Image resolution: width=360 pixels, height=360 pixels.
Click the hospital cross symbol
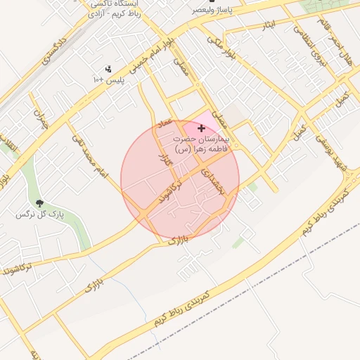202,128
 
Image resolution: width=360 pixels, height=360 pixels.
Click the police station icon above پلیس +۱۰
108,70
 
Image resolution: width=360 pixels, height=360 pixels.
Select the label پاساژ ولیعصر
217,11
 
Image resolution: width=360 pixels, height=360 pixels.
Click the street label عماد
166,124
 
